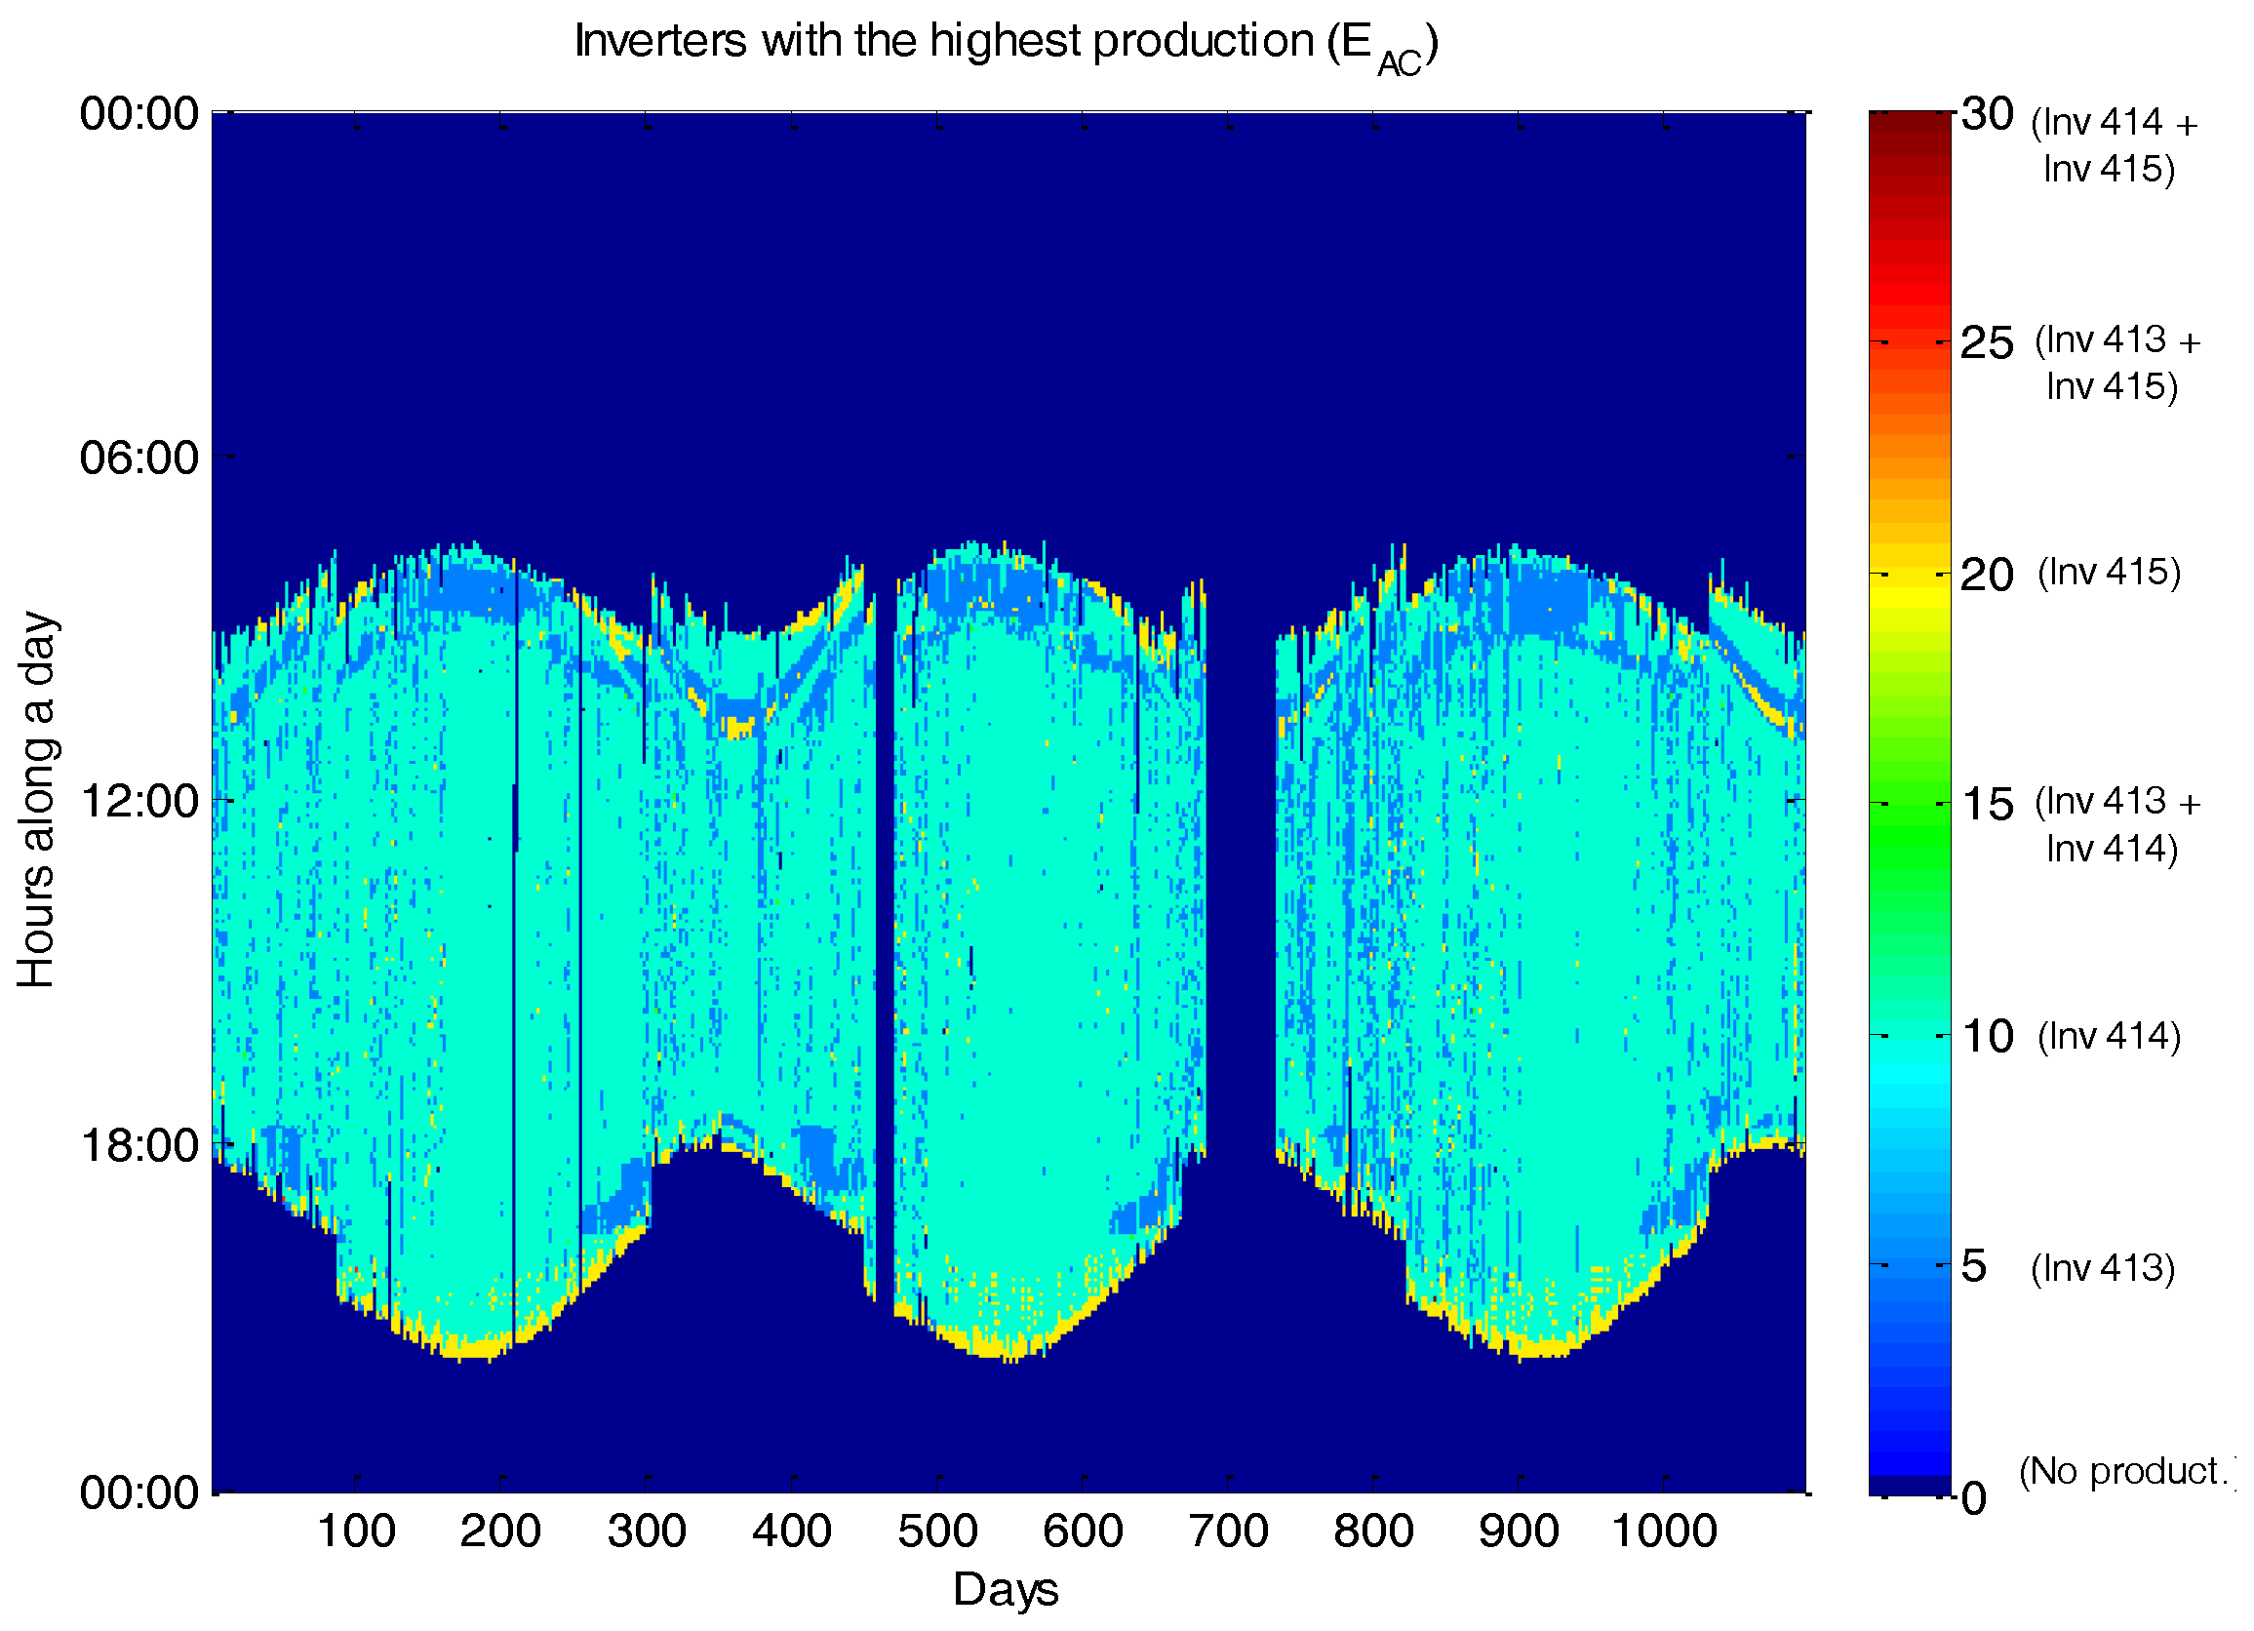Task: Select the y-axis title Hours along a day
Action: coord(38,799)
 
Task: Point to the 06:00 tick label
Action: coord(139,458)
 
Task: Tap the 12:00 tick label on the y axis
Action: coord(139,801)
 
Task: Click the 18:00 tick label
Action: coord(139,1146)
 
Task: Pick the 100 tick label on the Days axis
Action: coord(356,1532)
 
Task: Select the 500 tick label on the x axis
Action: coord(937,1532)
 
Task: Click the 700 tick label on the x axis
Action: coord(1228,1532)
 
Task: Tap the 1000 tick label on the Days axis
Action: coord(1664,1532)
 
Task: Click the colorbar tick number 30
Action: coord(1987,115)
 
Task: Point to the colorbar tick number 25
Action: coord(1987,344)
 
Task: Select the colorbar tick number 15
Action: coord(1987,805)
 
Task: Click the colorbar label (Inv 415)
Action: coord(2109,573)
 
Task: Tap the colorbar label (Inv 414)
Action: coord(2109,1036)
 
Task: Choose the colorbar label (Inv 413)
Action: coord(2103,1267)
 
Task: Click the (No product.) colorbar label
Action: coord(2127,1471)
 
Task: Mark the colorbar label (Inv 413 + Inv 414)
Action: coord(2116,824)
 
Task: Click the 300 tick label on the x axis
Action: coord(646,1532)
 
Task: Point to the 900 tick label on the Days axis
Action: coord(1519,1532)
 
